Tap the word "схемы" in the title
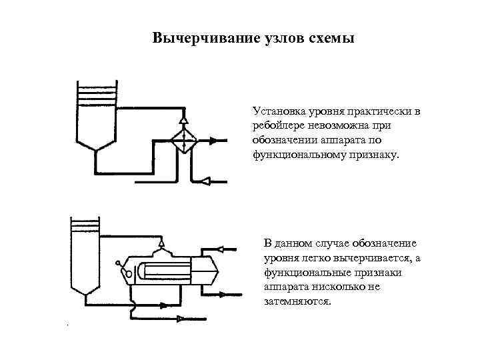[x=329, y=37]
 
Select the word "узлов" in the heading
[x=279, y=37]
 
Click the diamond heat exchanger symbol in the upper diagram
[x=183, y=141]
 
